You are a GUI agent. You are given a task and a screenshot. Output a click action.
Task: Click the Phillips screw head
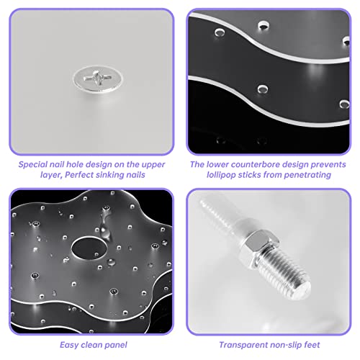[x=98, y=78]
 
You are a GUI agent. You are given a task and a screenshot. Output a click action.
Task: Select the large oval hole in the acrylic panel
[x=89, y=248]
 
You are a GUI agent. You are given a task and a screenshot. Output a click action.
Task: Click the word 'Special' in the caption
[x=33, y=165]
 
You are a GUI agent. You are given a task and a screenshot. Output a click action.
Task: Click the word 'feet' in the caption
[x=312, y=345]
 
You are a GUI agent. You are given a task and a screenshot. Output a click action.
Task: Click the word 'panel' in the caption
[x=116, y=345]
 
